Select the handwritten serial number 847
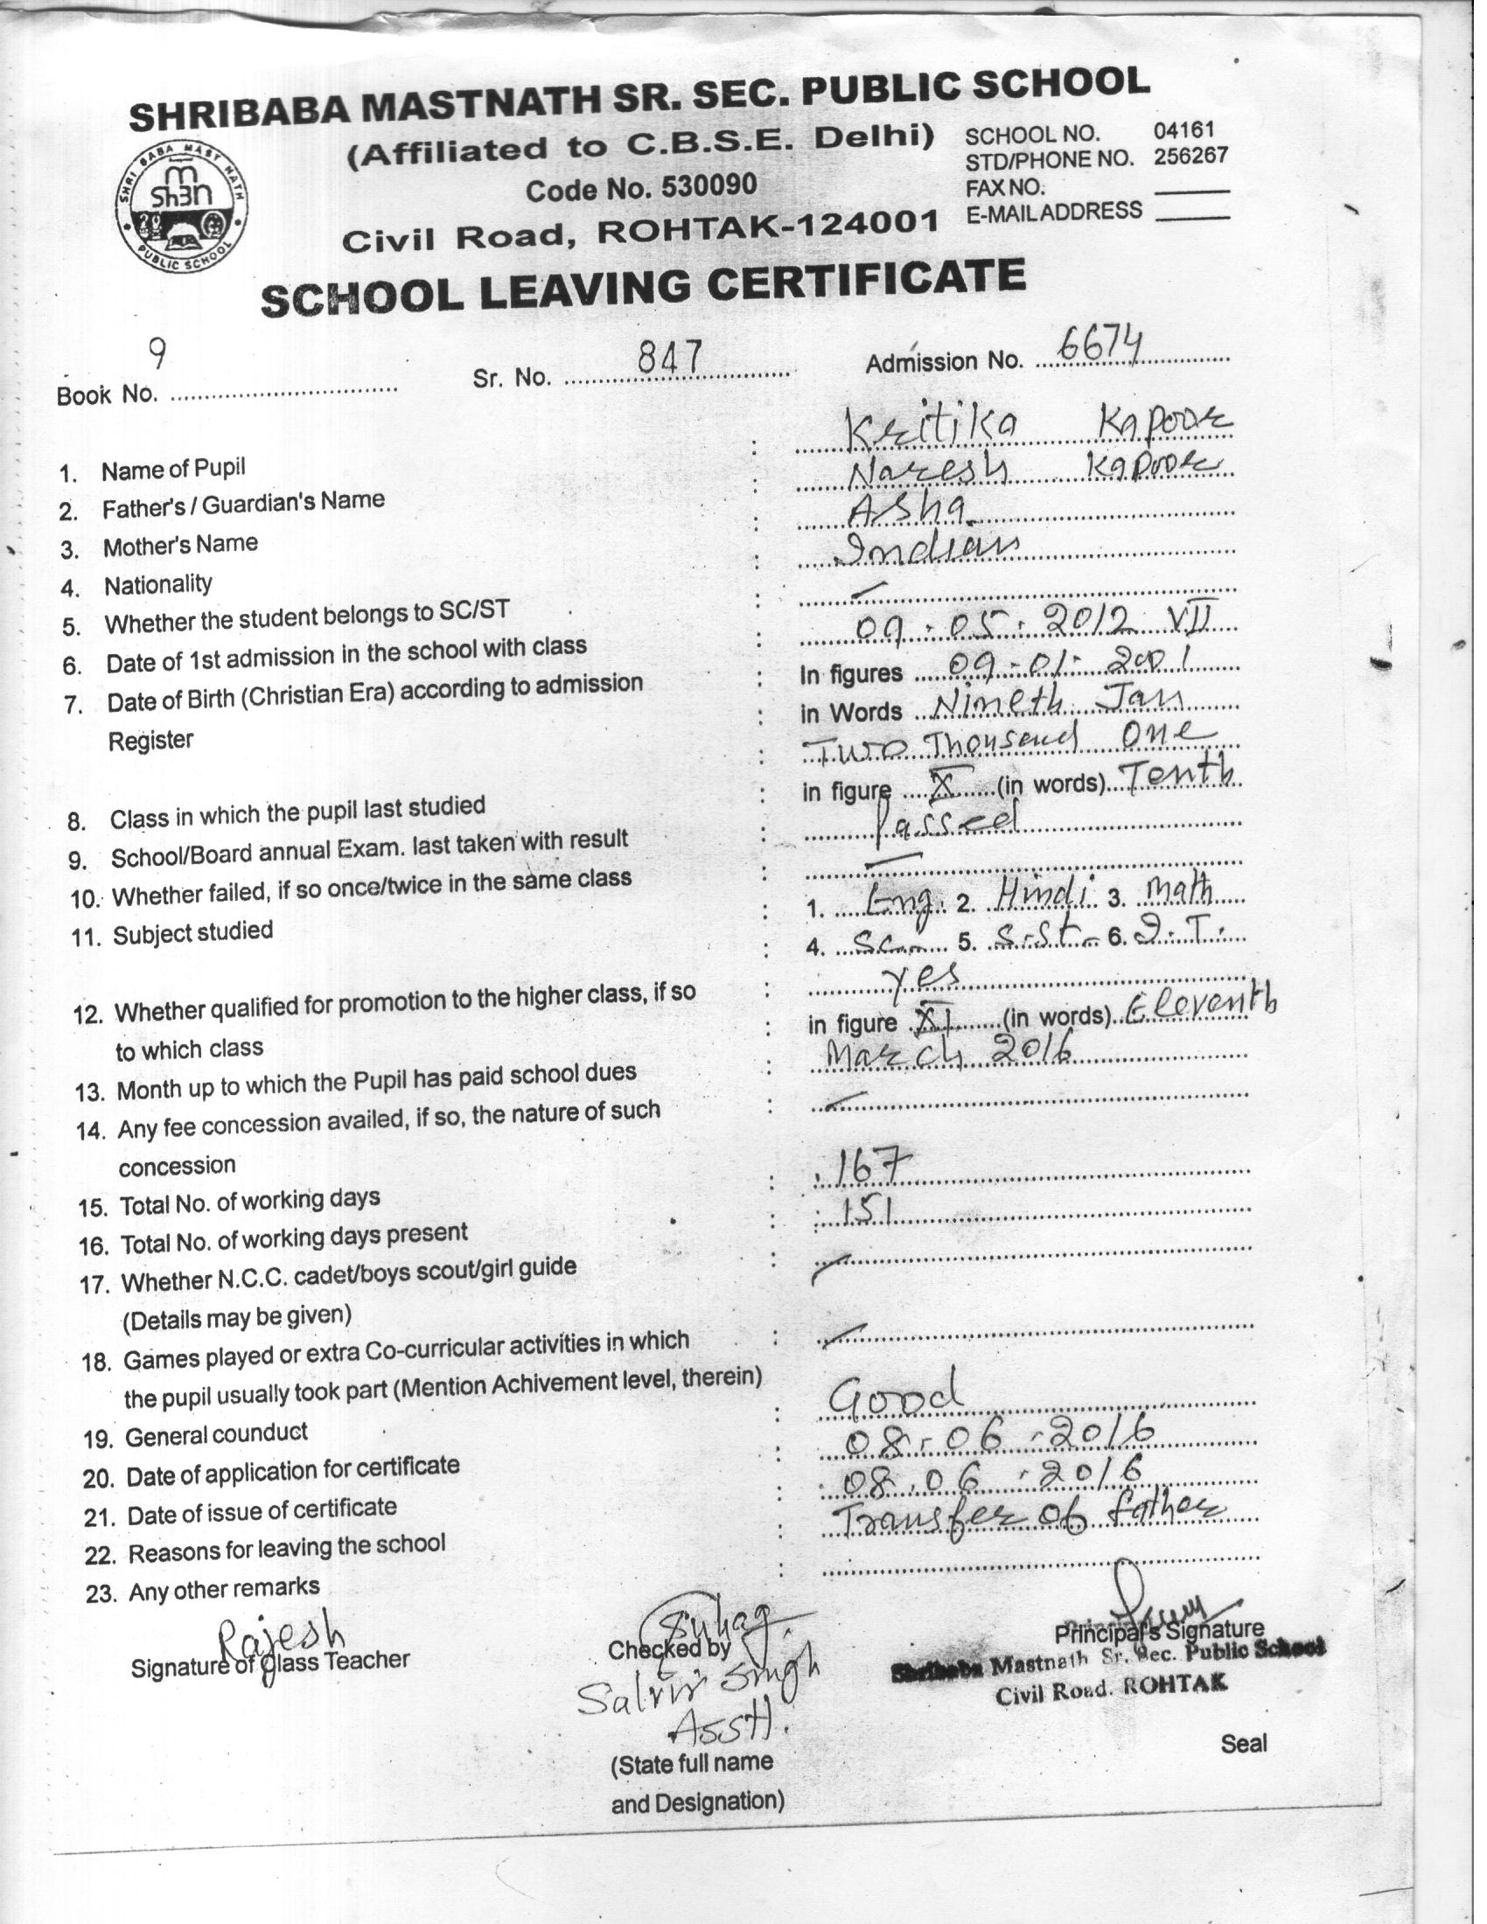(669, 358)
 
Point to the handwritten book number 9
(157, 354)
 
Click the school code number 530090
(710, 186)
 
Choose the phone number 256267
(1190, 157)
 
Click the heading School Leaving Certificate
(643, 287)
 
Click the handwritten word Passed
(947, 823)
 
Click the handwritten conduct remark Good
(894, 1395)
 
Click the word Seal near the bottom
(1243, 1741)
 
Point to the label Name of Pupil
(172, 469)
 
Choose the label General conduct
(216, 1435)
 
